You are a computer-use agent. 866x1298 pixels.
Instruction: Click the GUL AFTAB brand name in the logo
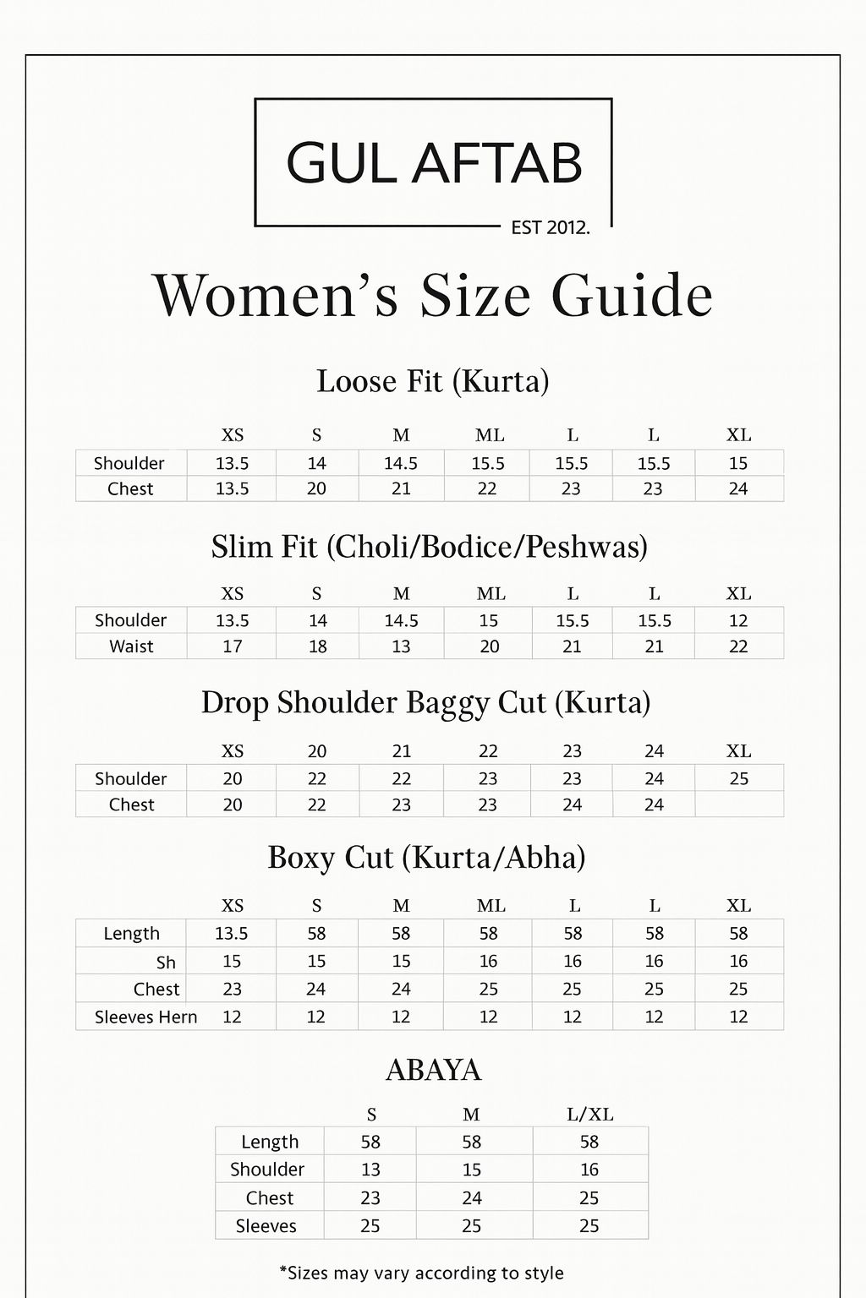(x=434, y=163)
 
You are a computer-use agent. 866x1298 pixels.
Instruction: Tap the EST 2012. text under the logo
(x=551, y=227)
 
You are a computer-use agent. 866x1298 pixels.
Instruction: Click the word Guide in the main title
(x=632, y=296)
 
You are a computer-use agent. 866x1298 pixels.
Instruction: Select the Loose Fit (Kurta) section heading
(x=433, y=381)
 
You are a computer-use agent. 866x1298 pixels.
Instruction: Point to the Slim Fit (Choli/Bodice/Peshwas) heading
(x=430, y=547)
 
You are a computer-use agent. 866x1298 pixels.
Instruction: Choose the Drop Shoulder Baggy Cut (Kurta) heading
(x=425, y=703)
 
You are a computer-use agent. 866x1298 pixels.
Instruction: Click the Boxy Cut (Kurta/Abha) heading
(x=426, y=858)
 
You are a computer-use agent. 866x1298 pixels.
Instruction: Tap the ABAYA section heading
(x=433, y=1071)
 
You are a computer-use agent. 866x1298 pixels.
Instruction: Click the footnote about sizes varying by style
(x=421, y=1273)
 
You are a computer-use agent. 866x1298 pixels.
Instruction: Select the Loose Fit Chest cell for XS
(x=232, y=488)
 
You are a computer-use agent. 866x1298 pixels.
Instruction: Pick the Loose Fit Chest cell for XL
(x=738, y=488)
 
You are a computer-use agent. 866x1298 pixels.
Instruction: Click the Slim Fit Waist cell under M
(x=401, y=646)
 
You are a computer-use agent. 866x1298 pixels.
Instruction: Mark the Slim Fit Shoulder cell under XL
(x=738, y=620)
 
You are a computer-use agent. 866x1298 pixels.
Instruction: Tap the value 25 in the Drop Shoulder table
(x=738, y=778)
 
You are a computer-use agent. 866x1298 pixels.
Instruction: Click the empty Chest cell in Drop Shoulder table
(x=738, y=804)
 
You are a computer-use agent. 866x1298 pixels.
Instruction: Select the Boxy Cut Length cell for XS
(x=231, y=933)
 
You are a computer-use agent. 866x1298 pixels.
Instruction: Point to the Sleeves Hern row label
(x=145, y=1017)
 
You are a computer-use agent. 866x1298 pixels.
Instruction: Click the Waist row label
(x=131, y=646)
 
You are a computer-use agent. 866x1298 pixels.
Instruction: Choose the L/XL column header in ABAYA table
(x=589, y=1115)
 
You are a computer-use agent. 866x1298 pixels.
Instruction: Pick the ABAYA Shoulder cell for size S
(x=370, y=1170)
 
